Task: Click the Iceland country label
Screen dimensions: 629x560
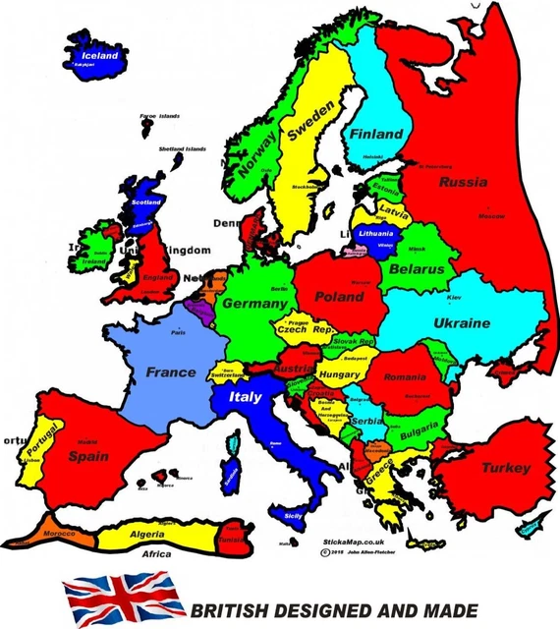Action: pyautogui.click(x=99, y=56)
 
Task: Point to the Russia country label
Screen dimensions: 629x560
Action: pyautogui.click(x=463, y=182)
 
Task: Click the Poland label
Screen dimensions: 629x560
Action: pyautogui.click(x=338, y=296)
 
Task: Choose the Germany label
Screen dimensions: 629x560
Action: pyautogui.click(x=253, y=304)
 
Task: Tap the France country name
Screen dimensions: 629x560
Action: pyautogui.click(x=171, y=372)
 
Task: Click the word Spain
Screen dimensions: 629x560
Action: pyautogui.click(x=87, y=456)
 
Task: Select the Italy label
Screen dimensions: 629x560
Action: pyautogui.click(x=245, y=397)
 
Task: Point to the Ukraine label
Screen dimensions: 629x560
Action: pyautogui.click(x=462, y=323)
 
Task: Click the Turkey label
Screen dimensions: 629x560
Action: pyautogui.click(x=507, y=468)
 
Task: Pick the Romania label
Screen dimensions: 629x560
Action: pyautogui.click(x=406, y=376)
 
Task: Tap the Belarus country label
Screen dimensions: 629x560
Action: pyautogui.click(x=417, y=268)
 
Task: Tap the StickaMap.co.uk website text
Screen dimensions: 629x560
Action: pyautogui.click(x=352, y=542)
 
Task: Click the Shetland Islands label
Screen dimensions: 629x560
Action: pyautogui.click(x=183, y=148)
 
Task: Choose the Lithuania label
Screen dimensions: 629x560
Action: pyautogui.click(x=376, y=234)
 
